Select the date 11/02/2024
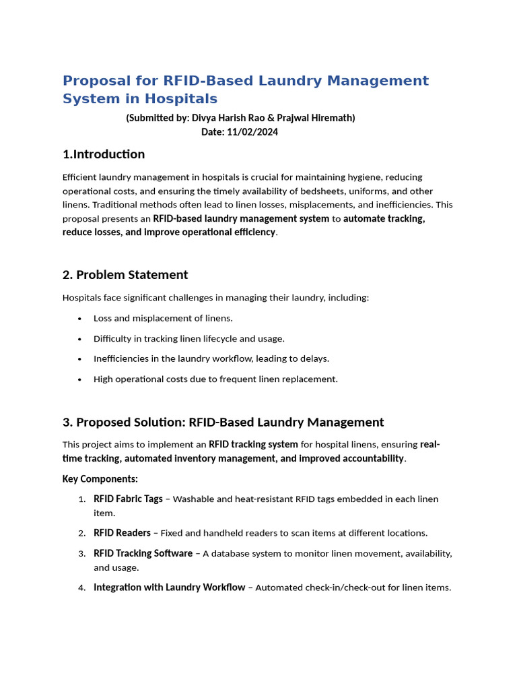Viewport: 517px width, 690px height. pos(252,132)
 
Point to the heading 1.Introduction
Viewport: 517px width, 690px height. pos(104,154)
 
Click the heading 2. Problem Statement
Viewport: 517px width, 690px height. pos(125,275)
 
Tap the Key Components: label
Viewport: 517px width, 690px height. pos(100,479)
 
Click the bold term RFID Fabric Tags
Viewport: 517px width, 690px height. pos(128,499)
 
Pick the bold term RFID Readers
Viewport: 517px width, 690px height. pos(122,533)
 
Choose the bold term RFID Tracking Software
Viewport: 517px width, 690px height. pos(143,553)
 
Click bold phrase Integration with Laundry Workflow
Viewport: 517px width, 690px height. pos(169,588)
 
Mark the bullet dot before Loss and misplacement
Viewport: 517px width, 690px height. pos(80,319)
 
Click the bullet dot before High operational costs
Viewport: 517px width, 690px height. pos(80,379)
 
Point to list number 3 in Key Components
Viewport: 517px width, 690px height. pos(81,554)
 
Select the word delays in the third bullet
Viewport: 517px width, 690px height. pos(314,358)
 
